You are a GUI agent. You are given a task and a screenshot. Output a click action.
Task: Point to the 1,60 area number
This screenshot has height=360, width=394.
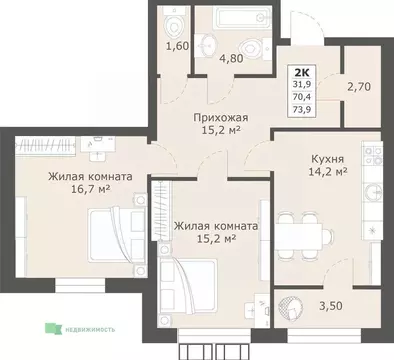(176, 73)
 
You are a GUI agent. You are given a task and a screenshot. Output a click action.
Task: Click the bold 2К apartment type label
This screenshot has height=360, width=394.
(300, 72)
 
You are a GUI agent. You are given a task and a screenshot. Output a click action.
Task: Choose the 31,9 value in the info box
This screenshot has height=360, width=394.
(300, 84)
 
